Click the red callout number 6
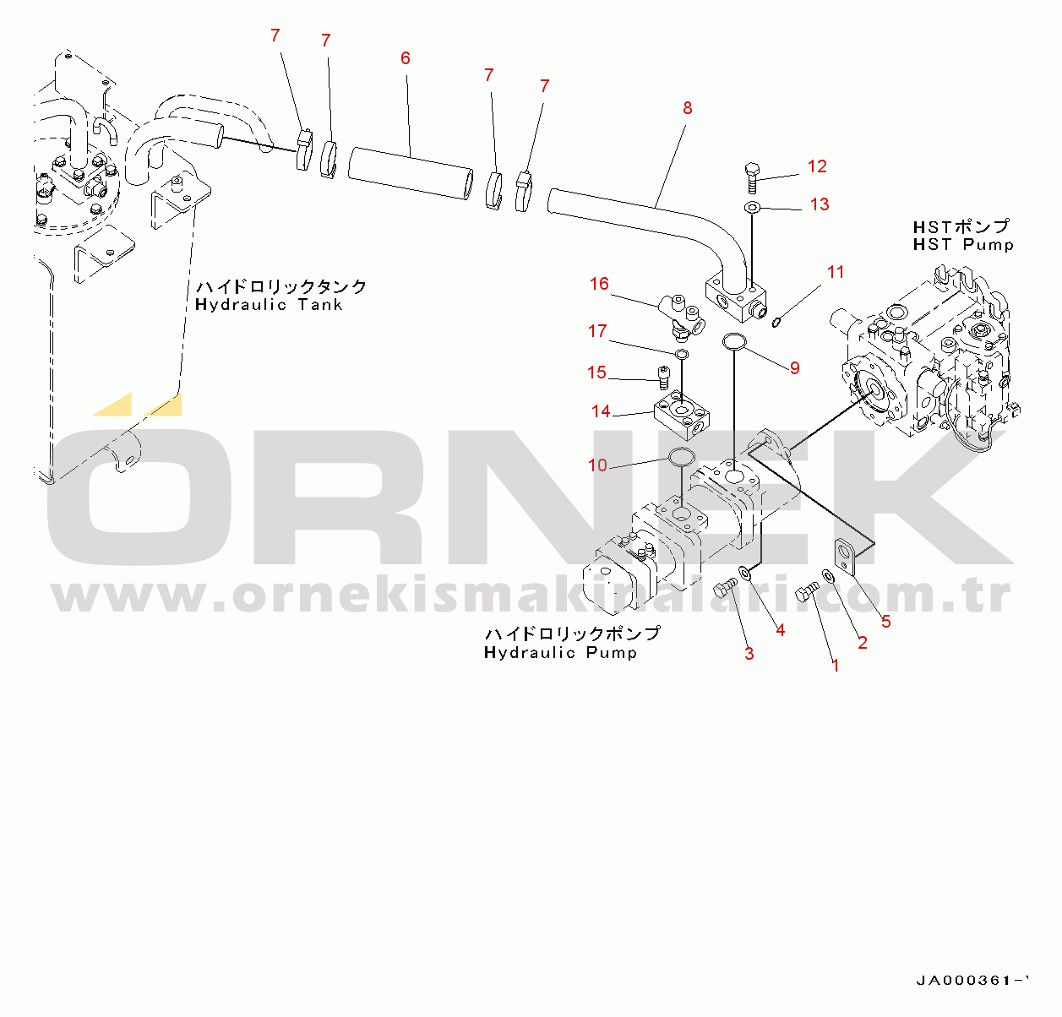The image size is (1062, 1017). click(x=406, y=58)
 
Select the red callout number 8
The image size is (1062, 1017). click(x=688, y=108)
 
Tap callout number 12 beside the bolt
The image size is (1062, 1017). click(x=817, y=166)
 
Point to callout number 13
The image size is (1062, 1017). click(x=820, y=204)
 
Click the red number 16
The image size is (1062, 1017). click(x=599, y=284)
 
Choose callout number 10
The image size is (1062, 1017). click(x=597, y=465)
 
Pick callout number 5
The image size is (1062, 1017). click(x=885, y=622)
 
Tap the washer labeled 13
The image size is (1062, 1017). click(x=752, y=207)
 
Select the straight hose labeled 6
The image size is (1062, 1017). click(x=411, y=174)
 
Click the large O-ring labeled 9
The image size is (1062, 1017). click(x=733, y=341)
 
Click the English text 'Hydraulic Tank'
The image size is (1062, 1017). click(x=269, y=305)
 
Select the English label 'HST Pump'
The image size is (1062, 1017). click(x=963, y=245)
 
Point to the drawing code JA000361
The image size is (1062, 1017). click(x=972, y=981)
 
